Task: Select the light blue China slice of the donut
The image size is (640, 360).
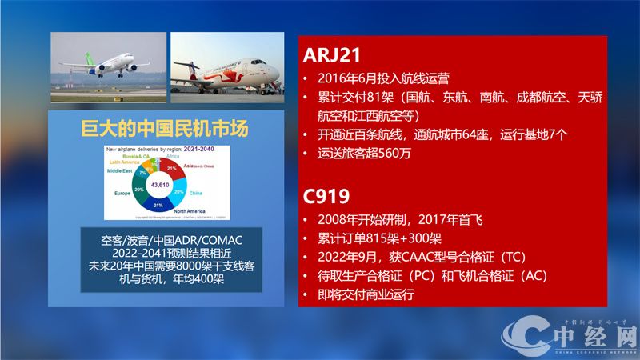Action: coord(178,192)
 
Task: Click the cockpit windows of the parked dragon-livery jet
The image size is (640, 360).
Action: coord(270,63)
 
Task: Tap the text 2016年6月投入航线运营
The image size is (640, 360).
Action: coord(383,78)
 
